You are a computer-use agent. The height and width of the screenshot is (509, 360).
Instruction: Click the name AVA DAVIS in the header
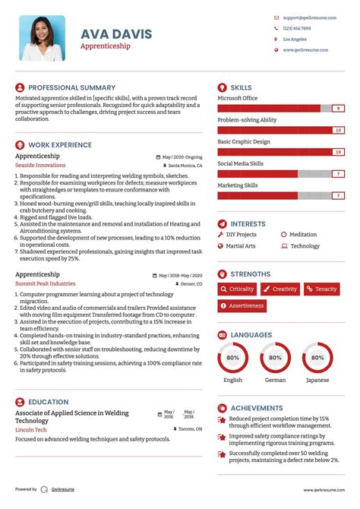[x=116, y=34]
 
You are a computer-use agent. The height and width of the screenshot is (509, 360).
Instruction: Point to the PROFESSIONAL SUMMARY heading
[x=71, y=87]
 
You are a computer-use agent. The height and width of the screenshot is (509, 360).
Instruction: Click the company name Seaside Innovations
[x=40, y=165]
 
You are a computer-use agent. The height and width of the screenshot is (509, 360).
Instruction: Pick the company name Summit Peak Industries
[x=46, y=283]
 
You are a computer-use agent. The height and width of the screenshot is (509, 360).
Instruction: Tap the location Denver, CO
[x=189, y=283]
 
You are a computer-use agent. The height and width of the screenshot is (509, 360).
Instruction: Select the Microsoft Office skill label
[x=238, y=98]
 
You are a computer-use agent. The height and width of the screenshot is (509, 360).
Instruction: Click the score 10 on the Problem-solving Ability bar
[x=338, y=131]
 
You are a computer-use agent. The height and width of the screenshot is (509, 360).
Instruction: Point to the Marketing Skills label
[x=238, y=185]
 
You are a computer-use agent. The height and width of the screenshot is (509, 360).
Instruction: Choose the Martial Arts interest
[x=241, y=246]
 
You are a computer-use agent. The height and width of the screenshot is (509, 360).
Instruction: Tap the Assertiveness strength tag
[x=242, y=306]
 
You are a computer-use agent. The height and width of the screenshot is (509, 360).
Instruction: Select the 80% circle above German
[x=275, y=357]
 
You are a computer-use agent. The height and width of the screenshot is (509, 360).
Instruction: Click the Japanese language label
[x=317, y=380]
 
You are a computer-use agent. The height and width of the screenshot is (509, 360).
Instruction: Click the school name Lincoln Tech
[x=30, y=429]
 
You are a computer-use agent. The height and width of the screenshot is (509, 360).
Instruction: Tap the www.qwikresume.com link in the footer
[x=326, y=490]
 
